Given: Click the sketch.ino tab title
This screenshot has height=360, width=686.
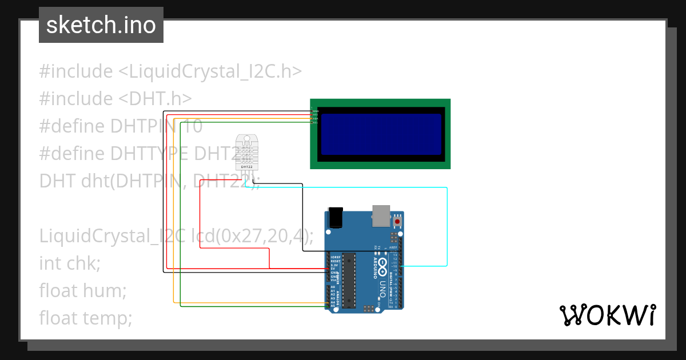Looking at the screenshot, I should [x=101, y=25].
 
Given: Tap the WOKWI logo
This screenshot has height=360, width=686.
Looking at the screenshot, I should [x=607, y=315].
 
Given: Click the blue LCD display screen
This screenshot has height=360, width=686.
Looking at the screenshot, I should [x=381, y=134].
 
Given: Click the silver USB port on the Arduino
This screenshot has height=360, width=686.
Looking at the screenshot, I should [x=381, y=214].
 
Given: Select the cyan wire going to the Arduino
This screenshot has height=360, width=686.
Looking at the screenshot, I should [x=447, y=229].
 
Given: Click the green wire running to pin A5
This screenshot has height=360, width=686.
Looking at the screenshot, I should [x=181, y=229].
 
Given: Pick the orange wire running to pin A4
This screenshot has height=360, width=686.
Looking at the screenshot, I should [x=173, y=229].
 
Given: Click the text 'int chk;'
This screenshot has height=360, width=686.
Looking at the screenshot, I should [x=70, y=263].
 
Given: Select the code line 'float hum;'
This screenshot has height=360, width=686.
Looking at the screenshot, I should [x=82, y=290].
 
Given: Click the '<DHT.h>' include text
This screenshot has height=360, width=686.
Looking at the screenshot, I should [x=155, y=98].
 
